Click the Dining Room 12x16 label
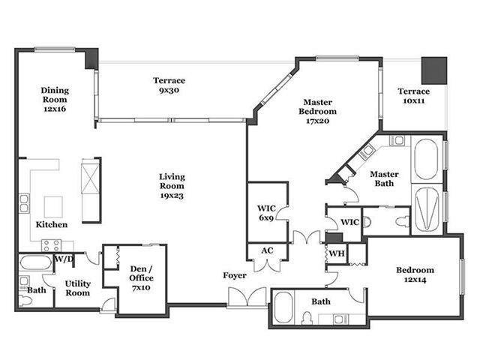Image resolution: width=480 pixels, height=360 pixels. (55, 100)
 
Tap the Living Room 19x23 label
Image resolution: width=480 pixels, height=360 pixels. (172, 186)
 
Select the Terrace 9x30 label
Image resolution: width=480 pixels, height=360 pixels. (169, 85)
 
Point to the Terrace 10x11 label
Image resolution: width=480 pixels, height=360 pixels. (414, 96)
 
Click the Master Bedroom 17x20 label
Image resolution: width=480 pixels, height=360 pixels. (318, 111)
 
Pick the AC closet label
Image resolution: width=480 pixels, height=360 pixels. (267, 250)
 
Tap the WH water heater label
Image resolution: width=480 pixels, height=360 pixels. (337, 253)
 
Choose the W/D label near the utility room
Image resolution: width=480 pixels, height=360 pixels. (64, 259)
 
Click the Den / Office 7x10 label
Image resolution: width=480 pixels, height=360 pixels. (142, 278)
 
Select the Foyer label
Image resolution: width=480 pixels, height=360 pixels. (235, 275)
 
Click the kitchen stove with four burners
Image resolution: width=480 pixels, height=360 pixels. (51, 245)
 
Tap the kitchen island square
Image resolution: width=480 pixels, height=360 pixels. (53, 207)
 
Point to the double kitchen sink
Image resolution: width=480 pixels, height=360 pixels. (24, 203)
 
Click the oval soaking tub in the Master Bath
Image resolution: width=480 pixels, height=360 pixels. (426, 159)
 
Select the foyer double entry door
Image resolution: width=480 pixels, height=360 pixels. (247, 297)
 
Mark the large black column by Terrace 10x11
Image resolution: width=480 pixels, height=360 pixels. (434, 70)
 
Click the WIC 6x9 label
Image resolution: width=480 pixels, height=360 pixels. (266, 213)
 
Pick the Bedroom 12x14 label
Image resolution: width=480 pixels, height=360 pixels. (415, 275)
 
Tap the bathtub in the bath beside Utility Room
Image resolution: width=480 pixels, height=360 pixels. (36, 263)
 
